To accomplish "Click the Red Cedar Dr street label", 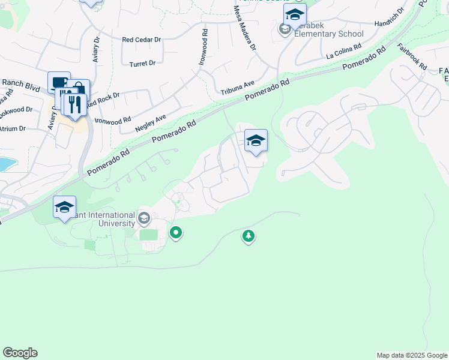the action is (142, 40).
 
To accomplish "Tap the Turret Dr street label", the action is (142, 62).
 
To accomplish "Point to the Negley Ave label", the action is (151, 123).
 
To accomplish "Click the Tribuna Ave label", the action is (238, 88).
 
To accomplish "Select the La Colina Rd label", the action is (344, 50).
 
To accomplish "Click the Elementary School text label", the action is (329, 34).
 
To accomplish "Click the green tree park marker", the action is (248, 236).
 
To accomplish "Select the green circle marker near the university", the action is (176, 232).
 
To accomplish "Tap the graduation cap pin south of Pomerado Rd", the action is (256, 141).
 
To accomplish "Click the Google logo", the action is (20, 353).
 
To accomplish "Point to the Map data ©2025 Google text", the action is (412, 355).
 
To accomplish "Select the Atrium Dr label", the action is (12, 128).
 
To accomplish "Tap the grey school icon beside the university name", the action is (143, 218).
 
